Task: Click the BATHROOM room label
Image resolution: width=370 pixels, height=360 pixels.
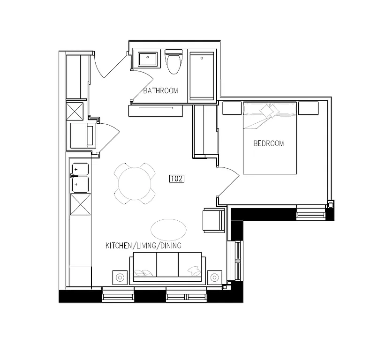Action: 160,90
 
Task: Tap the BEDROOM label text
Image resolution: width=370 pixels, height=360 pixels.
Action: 268,143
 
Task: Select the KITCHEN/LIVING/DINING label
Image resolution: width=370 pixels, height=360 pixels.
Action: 143,246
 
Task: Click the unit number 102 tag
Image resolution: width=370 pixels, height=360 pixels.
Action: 176,179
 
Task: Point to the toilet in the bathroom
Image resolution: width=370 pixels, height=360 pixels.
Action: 174,62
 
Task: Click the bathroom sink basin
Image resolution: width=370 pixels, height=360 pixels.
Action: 149,60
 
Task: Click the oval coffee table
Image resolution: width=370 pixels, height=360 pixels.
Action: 168,228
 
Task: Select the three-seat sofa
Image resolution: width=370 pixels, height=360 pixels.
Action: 168,267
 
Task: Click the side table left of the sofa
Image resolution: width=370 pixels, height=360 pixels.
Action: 120,277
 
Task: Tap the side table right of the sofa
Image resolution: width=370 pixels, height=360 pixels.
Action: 215,277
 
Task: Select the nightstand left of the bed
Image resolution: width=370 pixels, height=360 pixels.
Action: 231,108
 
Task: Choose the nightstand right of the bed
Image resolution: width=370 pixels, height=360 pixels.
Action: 308,108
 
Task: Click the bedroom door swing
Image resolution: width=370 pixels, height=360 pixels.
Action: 228,185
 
